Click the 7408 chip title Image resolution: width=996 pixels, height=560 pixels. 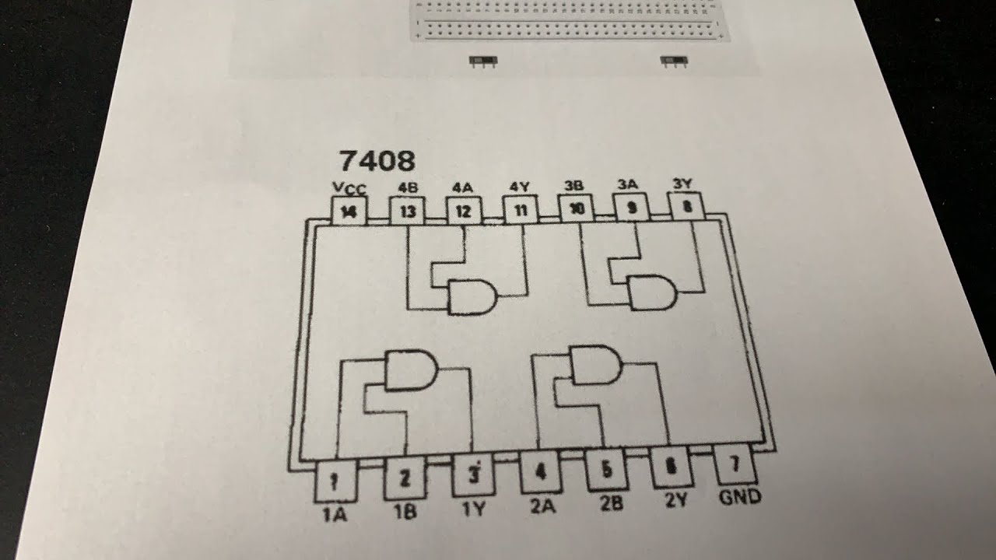377,160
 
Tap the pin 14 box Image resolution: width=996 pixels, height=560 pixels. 349,211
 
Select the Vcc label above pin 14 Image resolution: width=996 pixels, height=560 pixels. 349,188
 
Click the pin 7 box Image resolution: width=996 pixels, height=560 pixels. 735,465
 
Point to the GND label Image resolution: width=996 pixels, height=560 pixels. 740,497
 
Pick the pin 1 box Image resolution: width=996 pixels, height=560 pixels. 335,481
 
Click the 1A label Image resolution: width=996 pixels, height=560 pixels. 334,514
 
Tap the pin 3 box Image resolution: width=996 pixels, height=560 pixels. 473,474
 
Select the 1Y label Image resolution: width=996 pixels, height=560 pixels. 473,509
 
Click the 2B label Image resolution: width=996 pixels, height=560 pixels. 612,503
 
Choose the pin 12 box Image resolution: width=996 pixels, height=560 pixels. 464,210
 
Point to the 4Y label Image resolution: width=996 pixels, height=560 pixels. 519,187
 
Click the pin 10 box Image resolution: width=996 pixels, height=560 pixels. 577,208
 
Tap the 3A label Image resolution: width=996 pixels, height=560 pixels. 627,184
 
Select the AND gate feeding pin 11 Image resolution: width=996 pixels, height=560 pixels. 472,297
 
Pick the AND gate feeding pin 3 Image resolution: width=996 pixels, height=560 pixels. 412,369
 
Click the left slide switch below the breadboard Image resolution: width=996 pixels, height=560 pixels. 483,61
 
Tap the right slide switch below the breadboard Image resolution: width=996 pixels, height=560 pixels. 674,61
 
